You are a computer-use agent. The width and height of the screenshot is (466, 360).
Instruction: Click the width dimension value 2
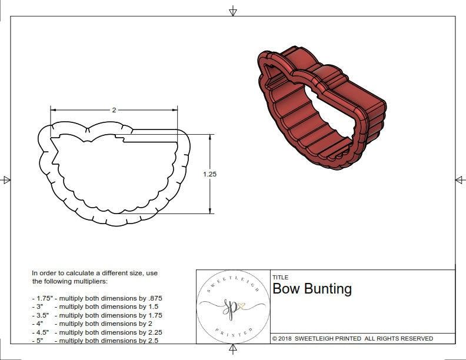[114, 110]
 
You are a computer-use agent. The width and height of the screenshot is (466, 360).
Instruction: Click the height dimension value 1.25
[209, 174]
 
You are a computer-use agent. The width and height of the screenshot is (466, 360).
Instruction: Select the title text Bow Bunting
[312, 289]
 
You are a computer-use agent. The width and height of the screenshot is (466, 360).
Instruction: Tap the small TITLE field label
[280, 277]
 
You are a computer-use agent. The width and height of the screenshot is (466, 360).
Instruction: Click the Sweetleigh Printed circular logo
[233, 306]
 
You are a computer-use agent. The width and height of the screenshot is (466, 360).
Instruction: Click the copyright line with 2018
[352, 338]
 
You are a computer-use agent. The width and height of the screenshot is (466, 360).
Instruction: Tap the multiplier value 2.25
[151, 332]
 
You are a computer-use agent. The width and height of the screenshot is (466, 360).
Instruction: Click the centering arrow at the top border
[233, 11]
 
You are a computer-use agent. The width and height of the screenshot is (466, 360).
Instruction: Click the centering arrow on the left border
[6, 180]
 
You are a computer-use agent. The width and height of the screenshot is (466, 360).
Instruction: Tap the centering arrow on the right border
[460, 180]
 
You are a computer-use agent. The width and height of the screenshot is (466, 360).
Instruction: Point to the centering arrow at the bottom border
[233, 351]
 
